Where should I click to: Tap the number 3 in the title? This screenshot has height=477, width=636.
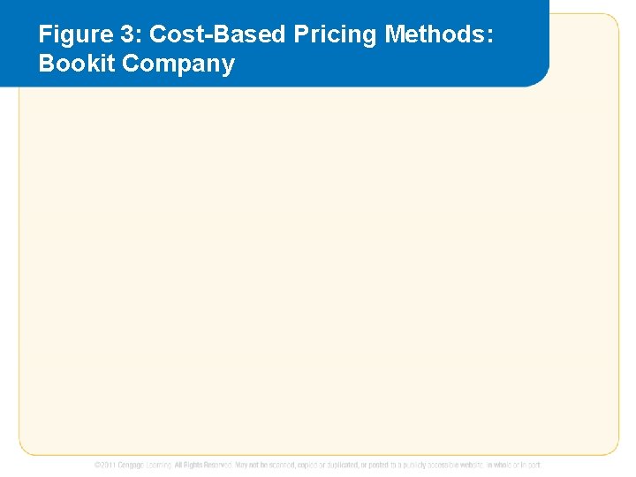(x=125, y=34)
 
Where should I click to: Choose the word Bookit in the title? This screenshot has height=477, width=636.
(x=71, y=64)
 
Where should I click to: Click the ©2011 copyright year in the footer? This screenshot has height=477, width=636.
(x=103, y=465)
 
